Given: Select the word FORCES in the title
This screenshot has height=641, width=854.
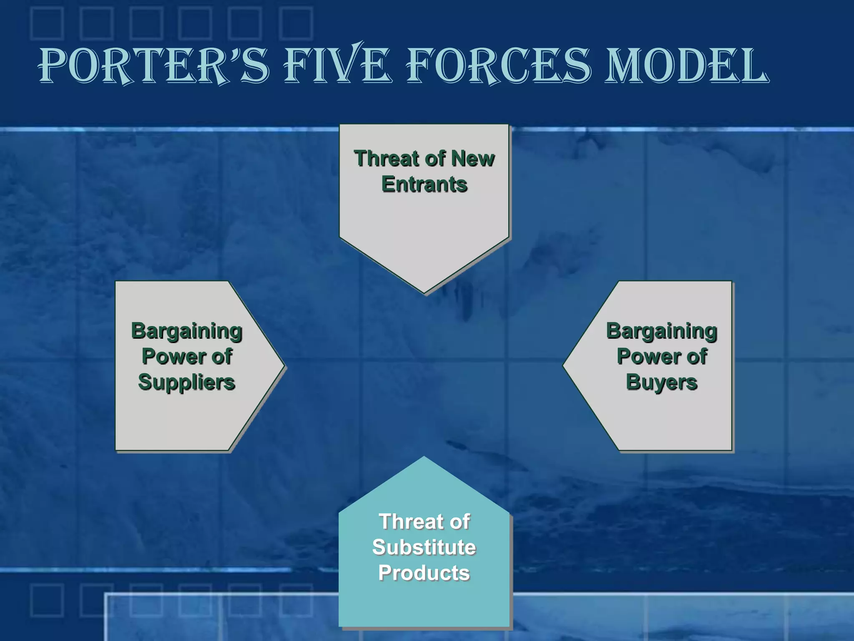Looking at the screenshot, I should pyautogui.click(x=498, y=66).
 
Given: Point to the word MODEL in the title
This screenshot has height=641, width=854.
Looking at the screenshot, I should pyautogui.click(x=686, y=66).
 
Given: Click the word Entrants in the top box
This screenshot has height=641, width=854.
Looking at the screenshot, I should pyautogui.click(x=424, y=184).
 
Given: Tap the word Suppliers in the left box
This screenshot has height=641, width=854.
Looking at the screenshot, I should pyautogui.click(x=186, y=382).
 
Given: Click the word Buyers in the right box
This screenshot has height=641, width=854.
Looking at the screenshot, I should pyautogui.click(x=661, y=382).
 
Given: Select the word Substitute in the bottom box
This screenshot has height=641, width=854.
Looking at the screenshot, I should pyautogui.click(x=424, y=547).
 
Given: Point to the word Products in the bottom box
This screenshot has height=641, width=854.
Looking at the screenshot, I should pyautogui.click(x=424, y=573).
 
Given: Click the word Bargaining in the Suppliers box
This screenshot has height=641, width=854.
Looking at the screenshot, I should pyautogui.click(x=186, y=331).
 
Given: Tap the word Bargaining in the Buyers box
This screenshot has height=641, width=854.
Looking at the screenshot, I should pyautogui.click(x=661, y=331).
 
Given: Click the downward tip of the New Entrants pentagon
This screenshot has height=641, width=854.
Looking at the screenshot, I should pyautogui.click(x=424, y=293).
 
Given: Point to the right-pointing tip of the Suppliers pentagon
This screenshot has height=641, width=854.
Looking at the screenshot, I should pyautogui.click(x=284, y=366).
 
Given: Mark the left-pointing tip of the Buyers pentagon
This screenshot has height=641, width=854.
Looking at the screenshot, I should pyautogui.click(x=564, y=366).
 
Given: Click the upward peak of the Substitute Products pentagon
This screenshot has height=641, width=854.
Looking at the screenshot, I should pyautogui.click(x=424, y=458).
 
